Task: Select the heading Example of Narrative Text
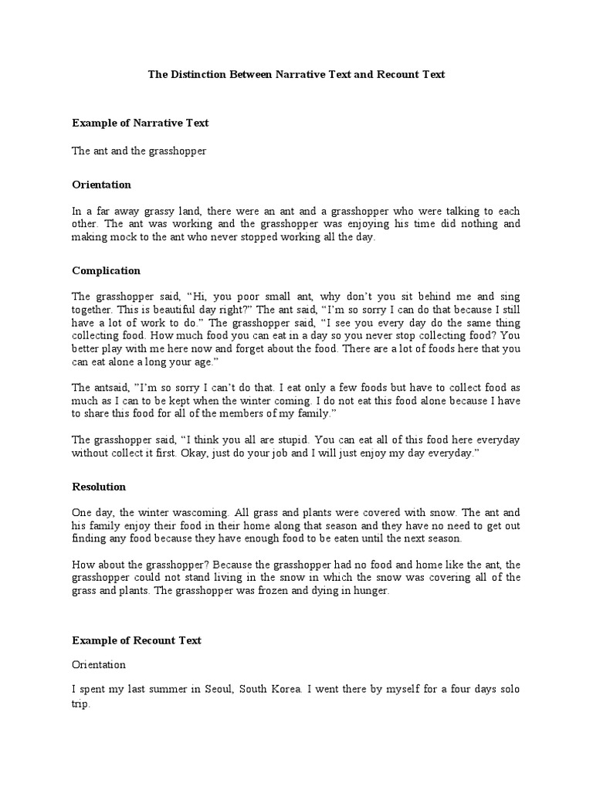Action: pos(141,123)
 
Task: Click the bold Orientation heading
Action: pos(102,185)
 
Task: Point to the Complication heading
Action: pos(107,270)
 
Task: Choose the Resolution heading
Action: pos(99,487)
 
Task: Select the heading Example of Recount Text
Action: pos(137,640)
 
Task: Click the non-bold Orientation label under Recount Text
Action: pos(99,664)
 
